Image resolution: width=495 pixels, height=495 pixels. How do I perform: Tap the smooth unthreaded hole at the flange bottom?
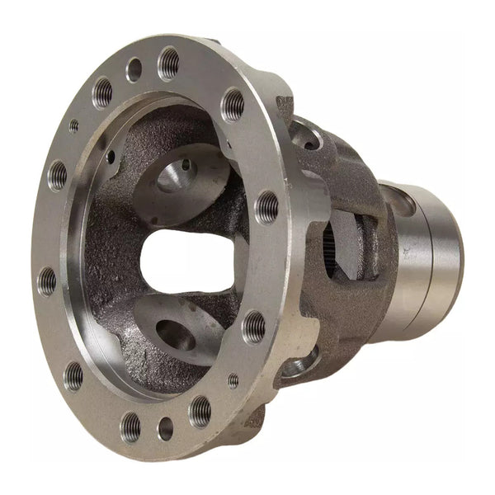(166, 428)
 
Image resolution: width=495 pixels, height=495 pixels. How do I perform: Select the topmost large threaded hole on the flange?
(168, 61)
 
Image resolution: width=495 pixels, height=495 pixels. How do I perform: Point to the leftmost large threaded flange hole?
(47, 281)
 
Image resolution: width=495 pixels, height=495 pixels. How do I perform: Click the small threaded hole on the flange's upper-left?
(74, 125)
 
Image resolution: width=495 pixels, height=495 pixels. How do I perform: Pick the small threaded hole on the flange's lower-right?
(233, 380)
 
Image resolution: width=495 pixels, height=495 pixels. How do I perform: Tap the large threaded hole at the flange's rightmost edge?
(266, 206)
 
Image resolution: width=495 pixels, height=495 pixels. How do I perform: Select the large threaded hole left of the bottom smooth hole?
(130, 426)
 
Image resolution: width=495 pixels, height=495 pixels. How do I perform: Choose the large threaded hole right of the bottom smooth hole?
(200, 409)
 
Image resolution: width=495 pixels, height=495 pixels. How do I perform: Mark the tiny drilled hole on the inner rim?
(111, 154)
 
